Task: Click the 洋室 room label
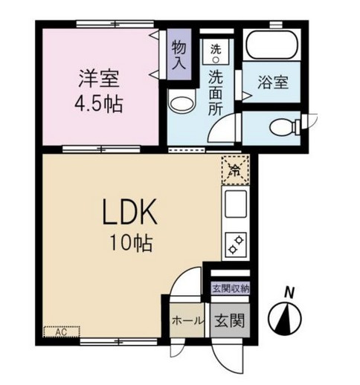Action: tap(98, 77)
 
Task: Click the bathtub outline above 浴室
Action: tap(272, 45)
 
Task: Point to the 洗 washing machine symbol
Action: tap(216, 50)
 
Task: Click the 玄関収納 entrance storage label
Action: tap(230, 288)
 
